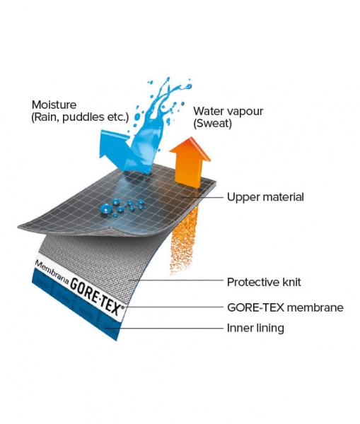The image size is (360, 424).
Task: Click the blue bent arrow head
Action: click(x=112, y=144)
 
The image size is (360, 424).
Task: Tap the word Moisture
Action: click(x=54, y=105)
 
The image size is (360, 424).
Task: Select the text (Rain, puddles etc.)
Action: click(x=80, y=117)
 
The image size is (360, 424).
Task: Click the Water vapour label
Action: click(x=228, y=111)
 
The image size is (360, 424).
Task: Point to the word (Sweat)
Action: click(x=212, y=123)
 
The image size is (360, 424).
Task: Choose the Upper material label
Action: click(x=265, y=197)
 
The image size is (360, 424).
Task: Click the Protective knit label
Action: click(x=264, y=282)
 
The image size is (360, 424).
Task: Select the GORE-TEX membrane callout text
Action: click(x=285, y=307)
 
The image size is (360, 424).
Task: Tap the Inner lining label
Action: click(x=255, y=328)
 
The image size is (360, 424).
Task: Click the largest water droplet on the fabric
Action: click(x=106, y=208)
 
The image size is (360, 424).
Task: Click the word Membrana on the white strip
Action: click(x=52, y=272)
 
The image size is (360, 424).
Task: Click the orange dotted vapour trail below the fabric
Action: click(x=183, y=240)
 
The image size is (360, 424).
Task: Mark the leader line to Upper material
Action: click(x=203, y=197)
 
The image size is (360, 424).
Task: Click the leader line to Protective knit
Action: click(x=176, y=280)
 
